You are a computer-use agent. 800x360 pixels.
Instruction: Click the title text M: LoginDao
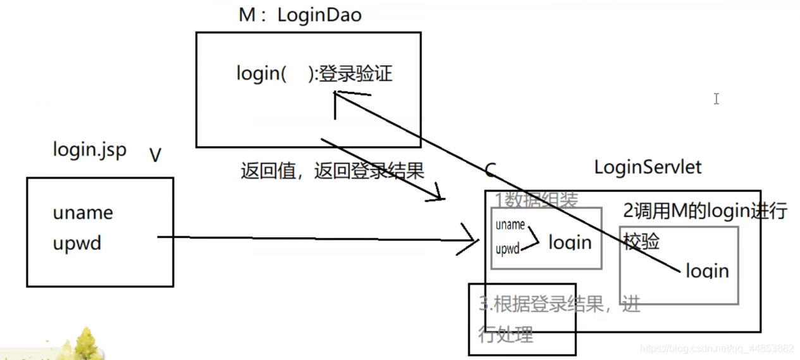pyautogui.click(x=300, y=15)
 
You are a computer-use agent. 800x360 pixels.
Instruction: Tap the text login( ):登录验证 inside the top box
pyautogui.click(x=314, y=73)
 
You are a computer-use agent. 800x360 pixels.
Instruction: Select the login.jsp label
pyautogui.click(x=89, y=150)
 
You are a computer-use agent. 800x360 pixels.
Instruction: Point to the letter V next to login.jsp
pyautogui.click(x=155, y=154)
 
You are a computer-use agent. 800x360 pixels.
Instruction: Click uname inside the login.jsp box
pyautogui.click(x=83, y=213)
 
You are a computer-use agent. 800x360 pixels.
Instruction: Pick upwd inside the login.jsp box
pyautogui.click(x=77, y=244)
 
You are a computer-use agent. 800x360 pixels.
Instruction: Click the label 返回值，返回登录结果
pyautogui.click(x=332, y=171)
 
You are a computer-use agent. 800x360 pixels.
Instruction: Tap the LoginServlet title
pyautogui.click(x=648, y=167)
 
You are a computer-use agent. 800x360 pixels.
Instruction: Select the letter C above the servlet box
pyautogui.click(x=490, y=170)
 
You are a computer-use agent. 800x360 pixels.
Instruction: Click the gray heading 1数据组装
pyautogui.click(x=536, y=200)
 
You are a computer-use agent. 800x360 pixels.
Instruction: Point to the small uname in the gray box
pyautogui.click(x=510, y=225)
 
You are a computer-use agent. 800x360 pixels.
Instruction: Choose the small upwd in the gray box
pyautogui.click(x=507, y=249)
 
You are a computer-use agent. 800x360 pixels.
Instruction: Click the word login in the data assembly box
pyautogui.click(x=570, y=242)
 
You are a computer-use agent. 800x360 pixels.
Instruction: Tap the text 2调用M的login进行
pyautogui.click(x=705, y=211)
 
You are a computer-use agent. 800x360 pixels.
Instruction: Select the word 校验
pyautogui.click(x=641, y=241)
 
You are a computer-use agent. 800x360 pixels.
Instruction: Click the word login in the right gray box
pyautogui.click(x=707, y=271)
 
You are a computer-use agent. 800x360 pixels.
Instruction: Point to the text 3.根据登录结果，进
pyautogui.click(x=560, y=305)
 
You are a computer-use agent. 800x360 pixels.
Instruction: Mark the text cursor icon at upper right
pyautogui.click(x=716, y=99)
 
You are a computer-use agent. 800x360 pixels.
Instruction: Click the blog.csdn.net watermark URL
pyautogui.click(x=717, y=349)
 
